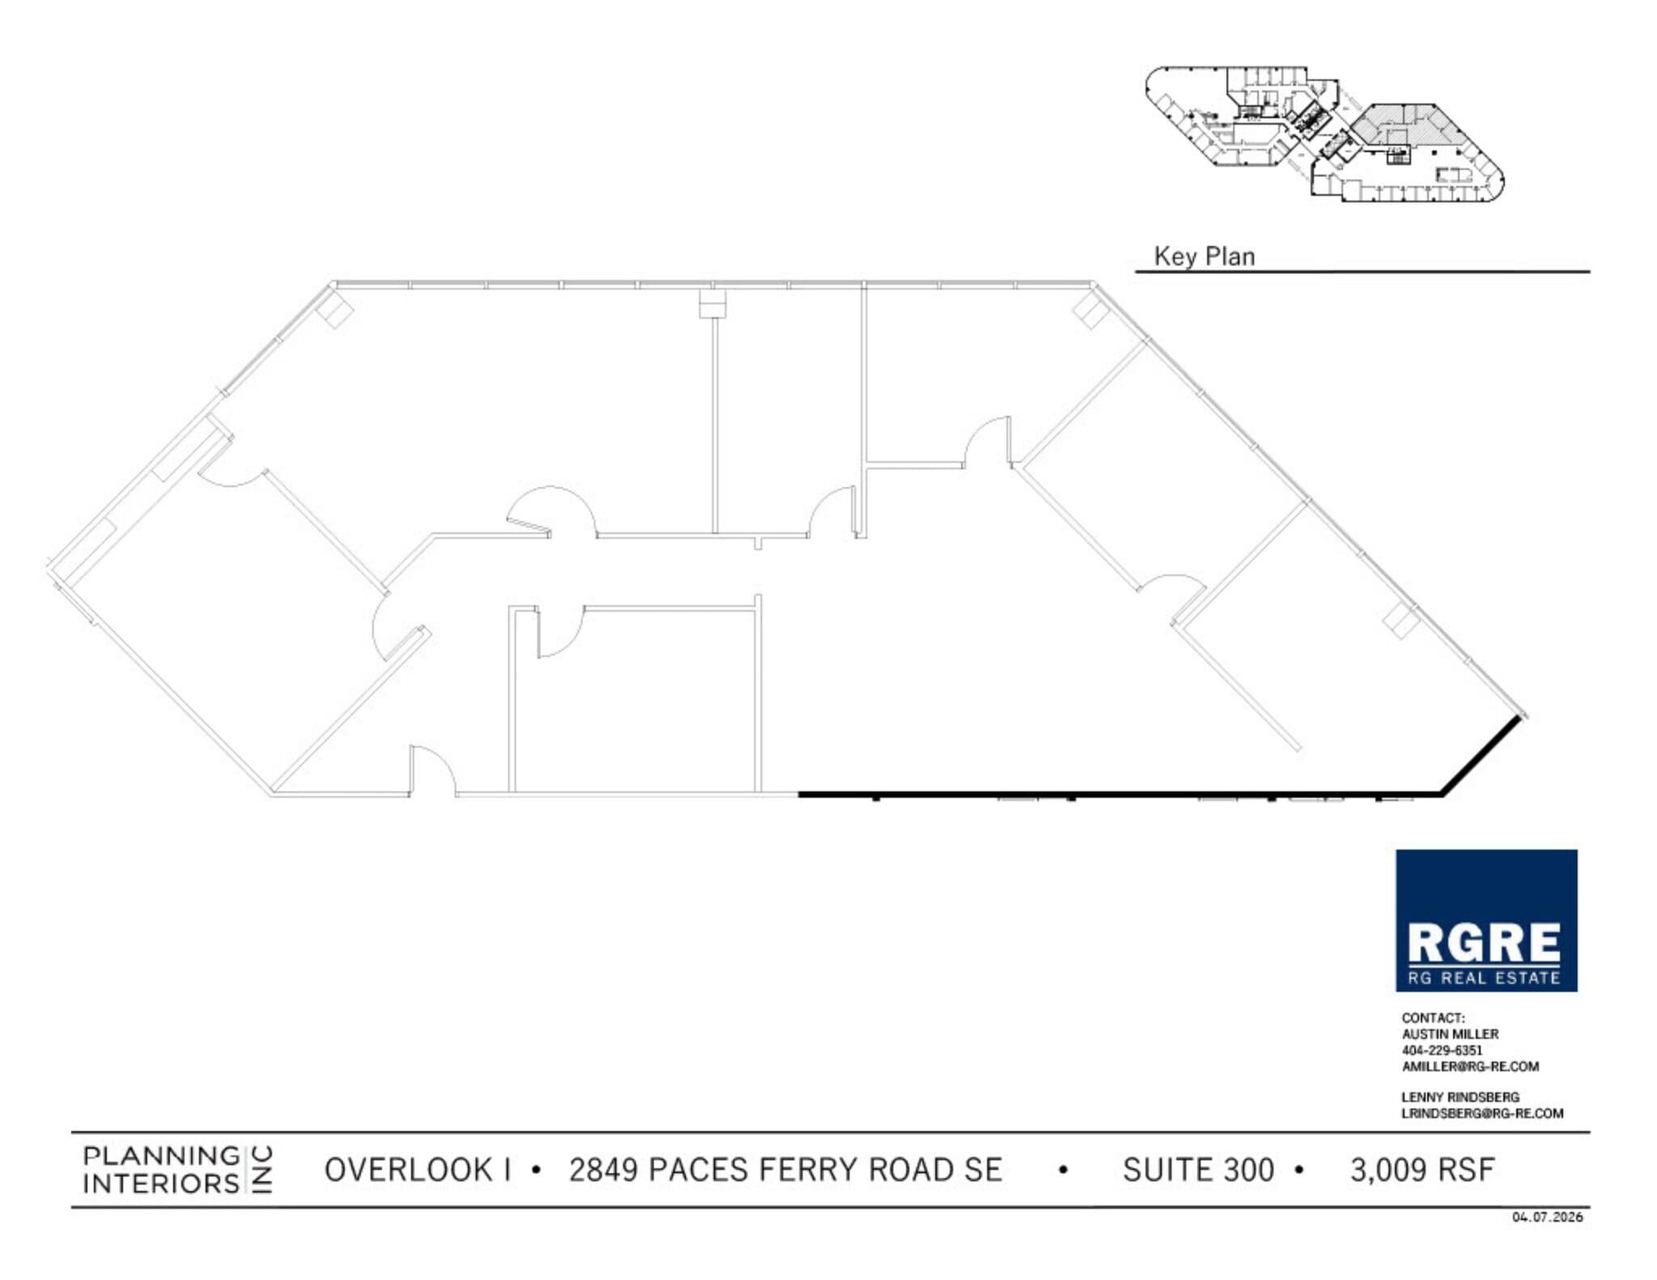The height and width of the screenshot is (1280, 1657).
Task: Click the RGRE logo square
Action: click(1485, 920)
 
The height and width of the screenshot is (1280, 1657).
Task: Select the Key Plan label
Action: click(1204, 256)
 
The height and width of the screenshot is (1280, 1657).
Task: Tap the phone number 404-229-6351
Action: click(1442, 1050)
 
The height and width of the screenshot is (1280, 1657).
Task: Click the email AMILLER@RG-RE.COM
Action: click(1470, 1066)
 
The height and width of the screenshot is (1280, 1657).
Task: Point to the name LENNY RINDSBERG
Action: click(1460, 1097)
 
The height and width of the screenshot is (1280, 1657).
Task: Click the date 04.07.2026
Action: click(1547, 1217)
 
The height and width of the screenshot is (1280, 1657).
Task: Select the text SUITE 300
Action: click(1197, 1170)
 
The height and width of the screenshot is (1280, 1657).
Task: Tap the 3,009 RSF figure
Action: click(1422, 1170)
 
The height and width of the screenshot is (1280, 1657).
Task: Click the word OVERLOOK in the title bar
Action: click(408, 1170)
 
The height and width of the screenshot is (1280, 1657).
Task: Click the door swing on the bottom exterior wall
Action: click(433, 772)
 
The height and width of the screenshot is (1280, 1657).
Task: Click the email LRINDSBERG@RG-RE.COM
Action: click(1482, 1113)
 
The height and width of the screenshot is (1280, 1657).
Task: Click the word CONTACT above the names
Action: click(1433, 1018)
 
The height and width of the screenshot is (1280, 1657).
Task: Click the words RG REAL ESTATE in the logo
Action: click(1484, 978)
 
